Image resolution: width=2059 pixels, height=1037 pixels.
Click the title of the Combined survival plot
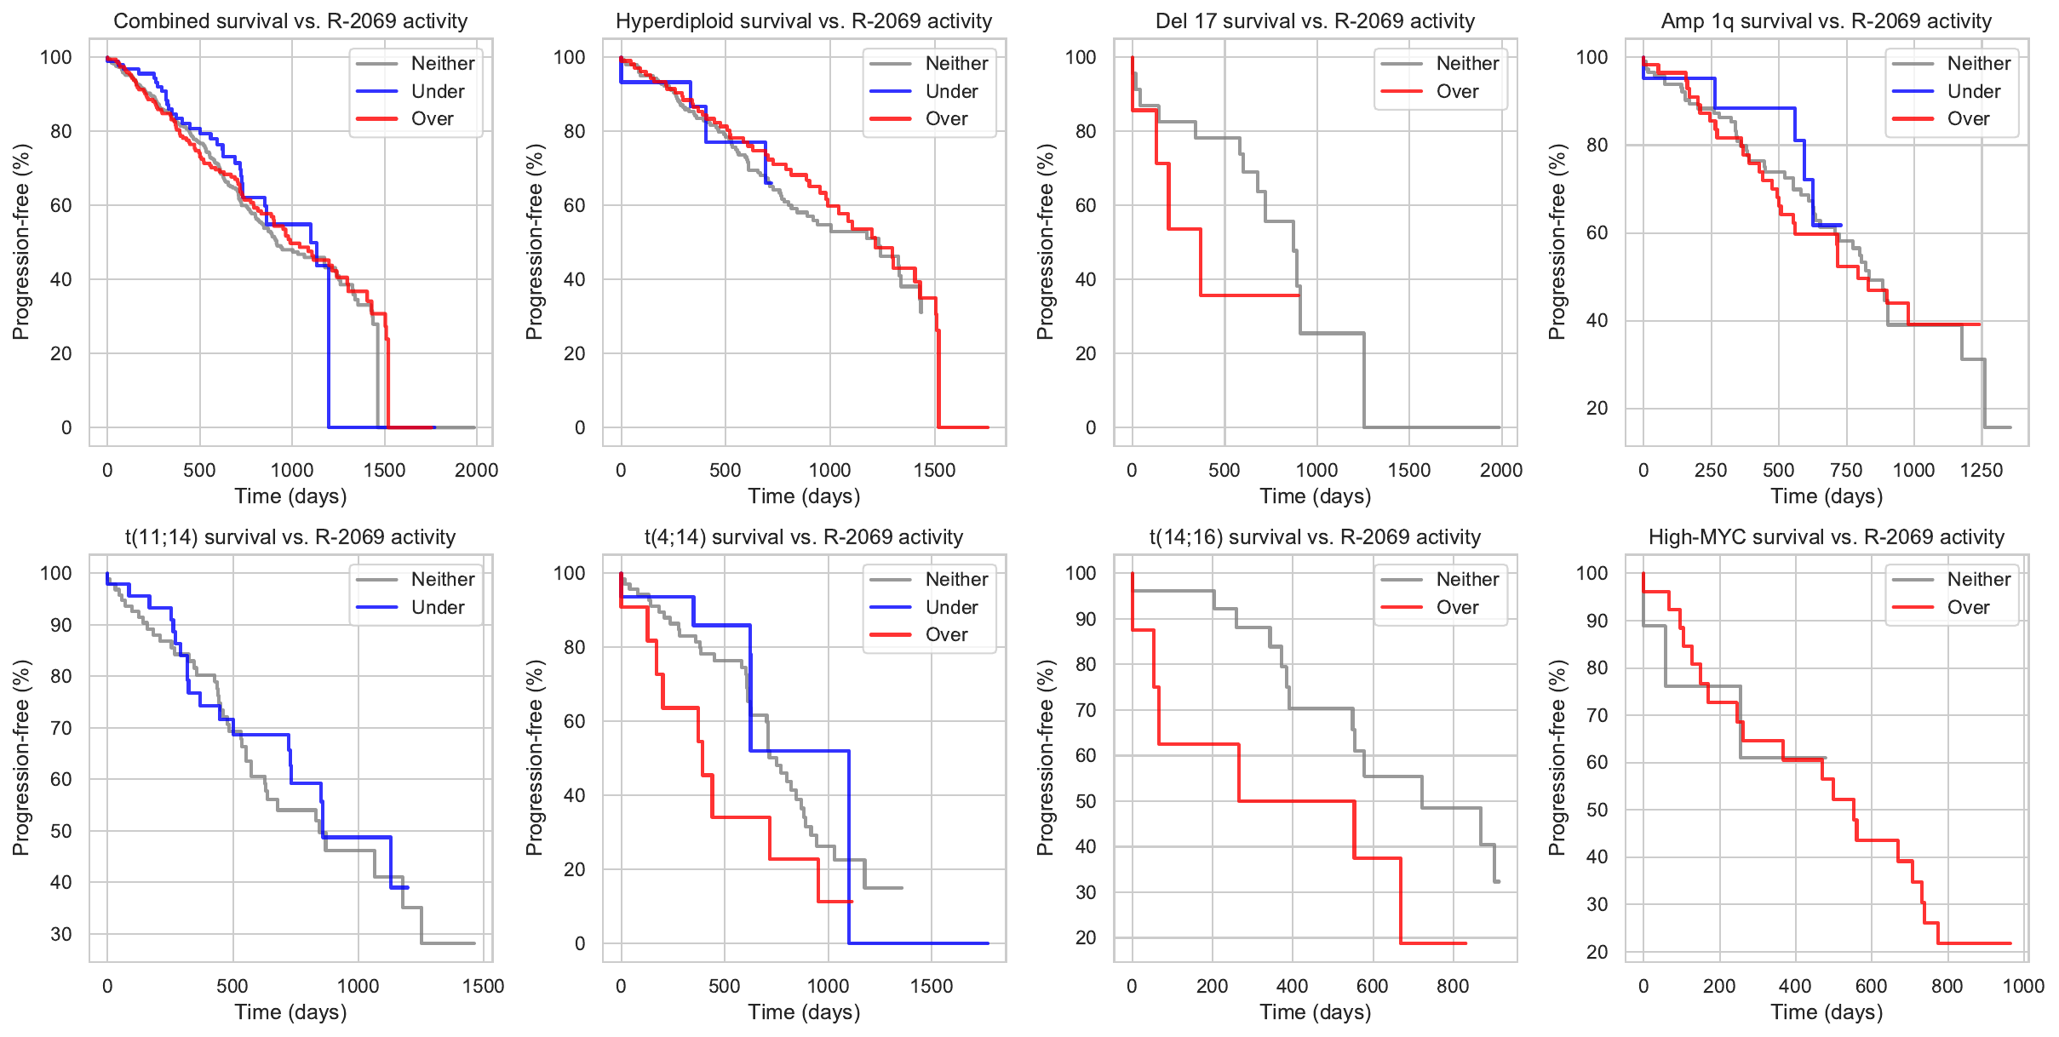pyautogui.click(x=290, y=21)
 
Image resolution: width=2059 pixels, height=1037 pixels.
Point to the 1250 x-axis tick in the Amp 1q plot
pyautogui.click(x=1981, y=470)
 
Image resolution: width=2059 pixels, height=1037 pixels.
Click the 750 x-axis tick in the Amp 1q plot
pyautogui.click(x=1846, y=470)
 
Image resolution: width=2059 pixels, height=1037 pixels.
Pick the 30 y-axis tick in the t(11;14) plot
pyautogui.click(x=61, y=934)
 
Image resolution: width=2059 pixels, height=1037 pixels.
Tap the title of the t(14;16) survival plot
pyautogui.click(x=1315, y=537)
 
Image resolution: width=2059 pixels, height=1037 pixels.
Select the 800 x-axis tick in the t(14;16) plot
pyautogui.click(x=1453, y=986)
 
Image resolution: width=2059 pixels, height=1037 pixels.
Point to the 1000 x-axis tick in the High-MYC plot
pyautogui.click(x=2023, y=986)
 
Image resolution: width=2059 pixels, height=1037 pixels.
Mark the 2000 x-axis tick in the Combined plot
pyautogui.click(x=476, y=470)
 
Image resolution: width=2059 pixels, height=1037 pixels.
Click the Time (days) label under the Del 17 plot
pyautogui.click(x=1315, y=496)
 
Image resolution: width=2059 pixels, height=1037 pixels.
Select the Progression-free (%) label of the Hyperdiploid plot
pyautogui.click(x=534, y=242)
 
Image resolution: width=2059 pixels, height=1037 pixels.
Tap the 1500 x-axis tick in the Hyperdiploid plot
pyautogui.click(x=934, y=470)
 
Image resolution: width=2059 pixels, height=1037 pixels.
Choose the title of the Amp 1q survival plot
pyautogui.click(x=1826, y=21)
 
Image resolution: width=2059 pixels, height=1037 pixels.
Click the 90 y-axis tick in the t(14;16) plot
pyautogui.click(x=1086, y=619)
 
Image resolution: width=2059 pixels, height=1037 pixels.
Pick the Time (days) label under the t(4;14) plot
pyautogui.click(x=804, y=1012)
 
